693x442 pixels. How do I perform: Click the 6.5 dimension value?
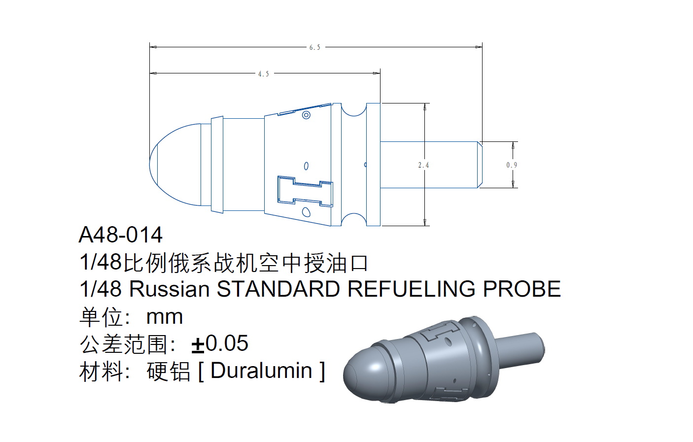click(314, 47)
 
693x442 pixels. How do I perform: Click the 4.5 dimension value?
click(264, 74)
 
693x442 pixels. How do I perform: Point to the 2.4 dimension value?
click(423, 165)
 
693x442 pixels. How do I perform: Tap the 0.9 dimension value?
click(512, 165)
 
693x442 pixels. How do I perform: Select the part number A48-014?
click(121, 235)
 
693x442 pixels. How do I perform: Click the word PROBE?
click(522, 289)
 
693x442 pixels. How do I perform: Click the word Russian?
click(170, 289)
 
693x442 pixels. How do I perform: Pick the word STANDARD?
click(278, 289)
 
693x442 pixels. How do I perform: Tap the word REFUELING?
click(412, 289)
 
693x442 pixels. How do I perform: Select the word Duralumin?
click(261, 371)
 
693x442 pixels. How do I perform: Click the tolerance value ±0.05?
click(220, 343)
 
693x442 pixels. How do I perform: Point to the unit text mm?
click(165, 317)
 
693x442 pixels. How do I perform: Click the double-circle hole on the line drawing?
click(306, 115)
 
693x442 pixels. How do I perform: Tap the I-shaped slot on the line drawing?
click(305, 191)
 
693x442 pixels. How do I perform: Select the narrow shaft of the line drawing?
click(431, 165)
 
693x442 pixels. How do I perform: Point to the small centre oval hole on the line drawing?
click(306, 166)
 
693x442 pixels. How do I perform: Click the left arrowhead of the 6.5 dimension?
click(153, 47)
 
